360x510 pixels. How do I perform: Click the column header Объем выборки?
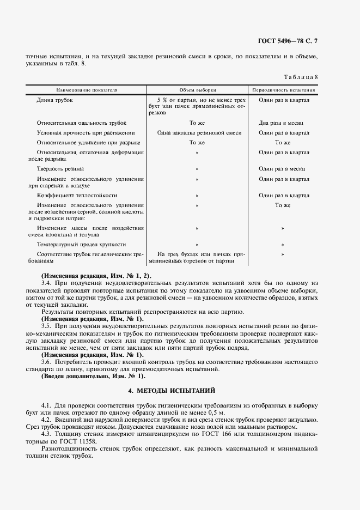[x=197, y=89]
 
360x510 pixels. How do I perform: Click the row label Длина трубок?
[x=54, y=100]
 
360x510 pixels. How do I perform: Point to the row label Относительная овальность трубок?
[x=82, y=124]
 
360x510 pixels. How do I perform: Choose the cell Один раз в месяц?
[x=282, y=169]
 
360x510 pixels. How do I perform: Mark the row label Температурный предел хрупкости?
[x=81, y=245]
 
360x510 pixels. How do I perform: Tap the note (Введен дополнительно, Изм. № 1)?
[x=94, y=376]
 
